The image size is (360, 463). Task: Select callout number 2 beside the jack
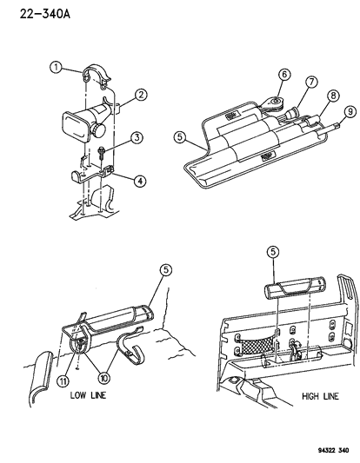[x=140, y=96]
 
